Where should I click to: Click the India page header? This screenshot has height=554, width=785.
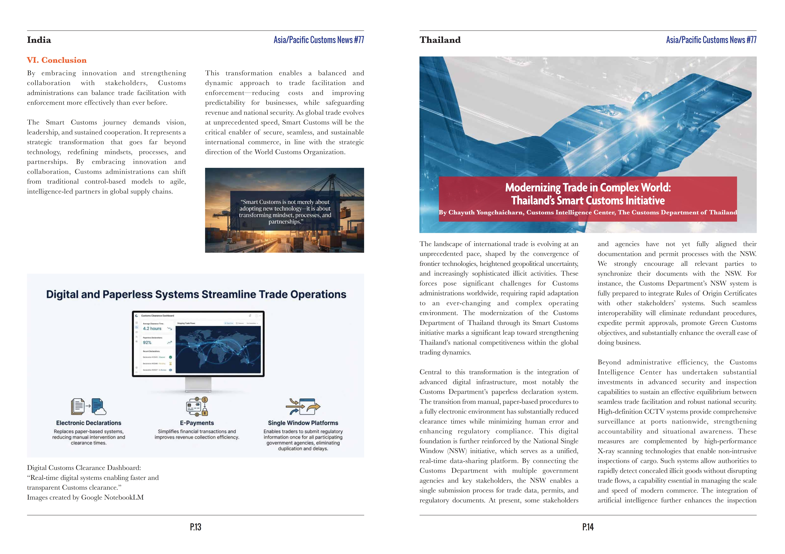(39, 40)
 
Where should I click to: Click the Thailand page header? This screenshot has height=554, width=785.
(440, 40)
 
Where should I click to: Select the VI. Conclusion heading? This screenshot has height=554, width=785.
(57, 60)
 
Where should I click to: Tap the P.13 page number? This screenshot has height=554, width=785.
(196, 527)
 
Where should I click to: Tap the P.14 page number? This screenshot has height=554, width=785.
(588, 527)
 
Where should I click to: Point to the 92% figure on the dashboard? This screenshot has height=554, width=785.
(147, 342)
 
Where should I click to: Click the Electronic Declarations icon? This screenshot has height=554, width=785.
(89, 407)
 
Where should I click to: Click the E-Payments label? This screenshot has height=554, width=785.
(197, 423)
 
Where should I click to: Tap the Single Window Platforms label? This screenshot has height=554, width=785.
(303, 423)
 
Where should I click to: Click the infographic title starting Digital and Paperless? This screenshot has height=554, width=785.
(196, 295)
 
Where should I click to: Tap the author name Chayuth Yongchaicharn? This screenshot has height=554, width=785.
(485, 212)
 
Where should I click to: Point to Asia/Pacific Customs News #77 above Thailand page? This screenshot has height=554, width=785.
(711, 40)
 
